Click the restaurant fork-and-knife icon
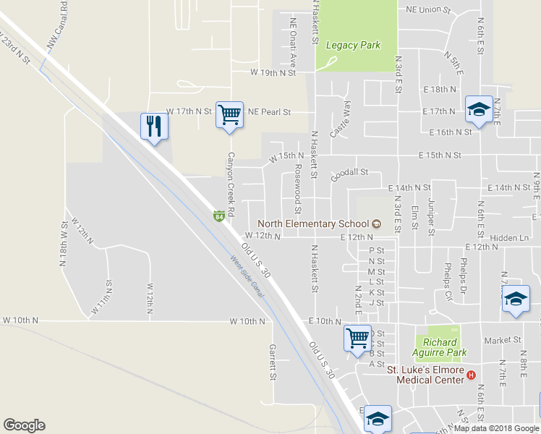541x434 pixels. coord(153,127)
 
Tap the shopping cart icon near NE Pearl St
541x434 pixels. coord(229,114)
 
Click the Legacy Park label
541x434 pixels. coord(353,45)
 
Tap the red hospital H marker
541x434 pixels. coord(472,375)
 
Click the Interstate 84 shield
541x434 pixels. coord(218,216)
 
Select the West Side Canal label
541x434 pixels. coord(247,276)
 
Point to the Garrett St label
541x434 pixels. coord(273,362)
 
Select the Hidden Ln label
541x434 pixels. coord(509,237)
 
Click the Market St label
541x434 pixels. coord(503,339)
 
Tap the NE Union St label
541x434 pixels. coord(428,11)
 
